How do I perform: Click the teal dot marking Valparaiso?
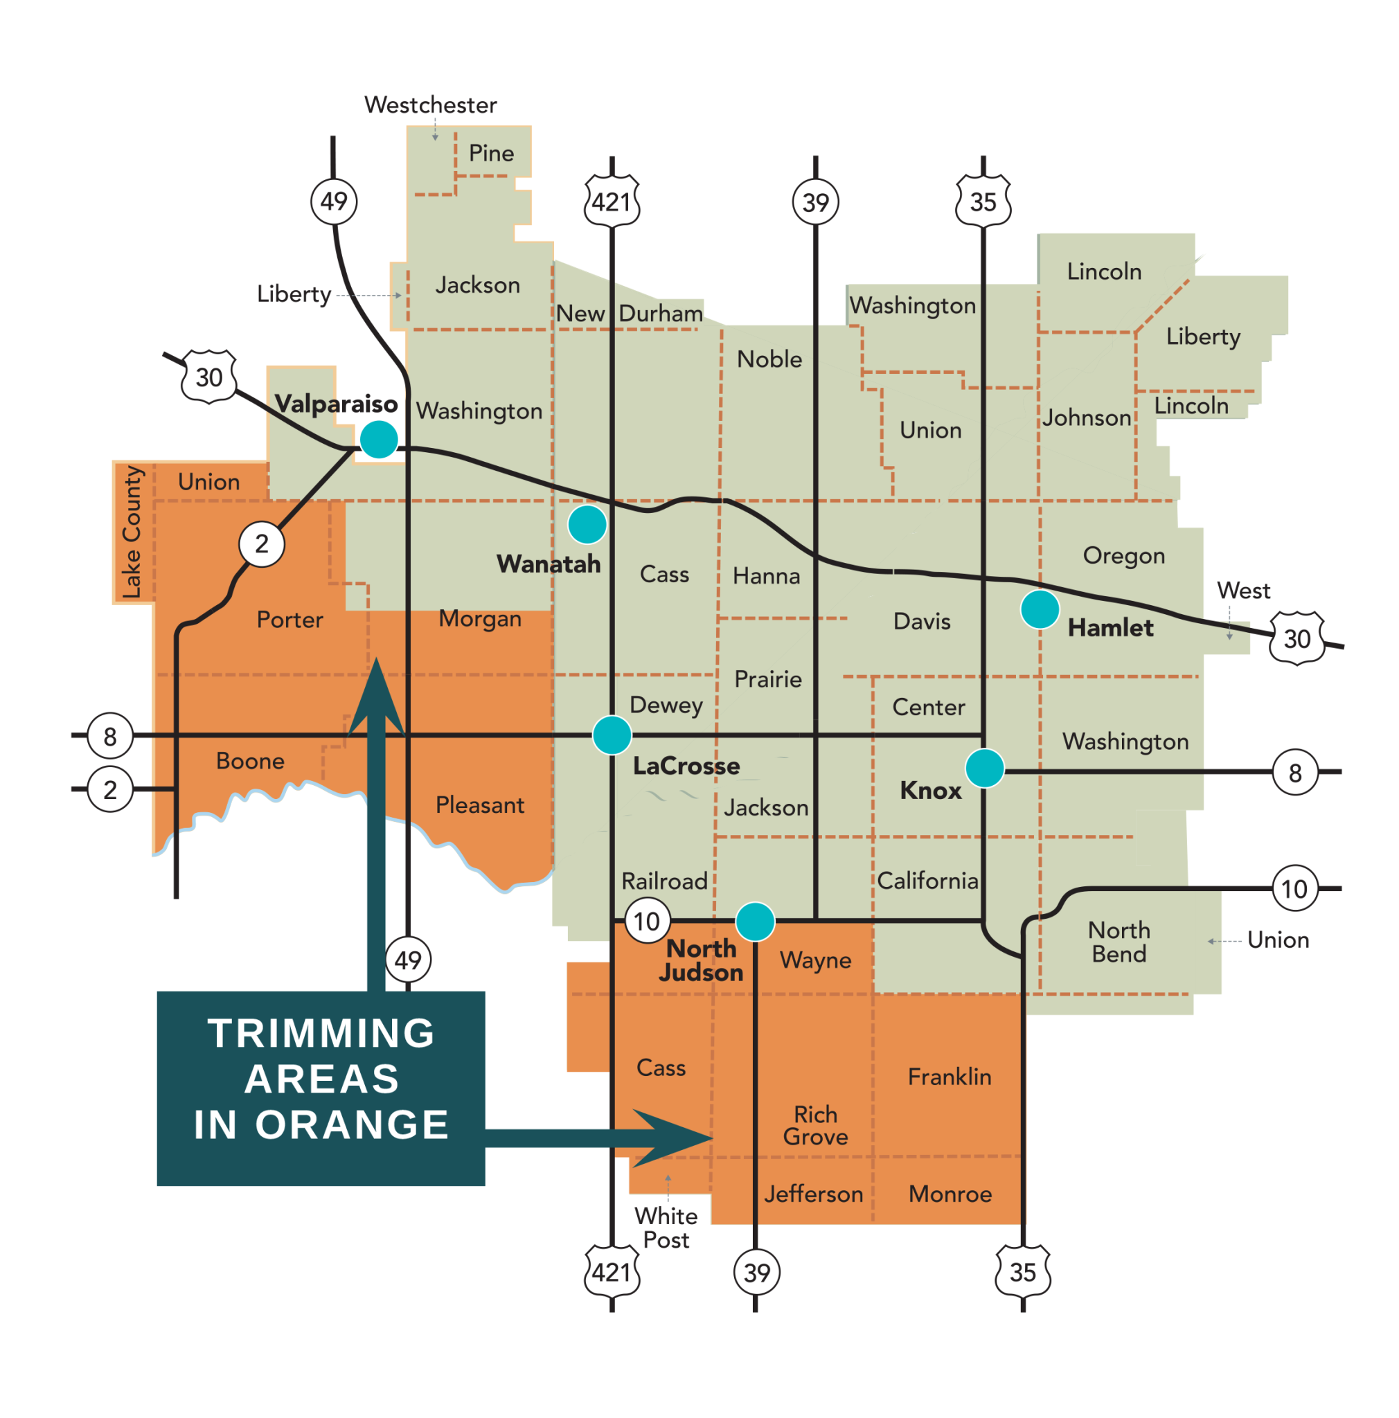(x=379, y=439)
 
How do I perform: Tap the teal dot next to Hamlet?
(x=1040, y=609)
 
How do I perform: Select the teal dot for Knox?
(x=984, y=769)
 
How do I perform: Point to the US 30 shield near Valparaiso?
(x=209, y=377)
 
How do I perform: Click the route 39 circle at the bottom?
(x=756, y=1272)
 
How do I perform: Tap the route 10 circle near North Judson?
(x=647, y=920)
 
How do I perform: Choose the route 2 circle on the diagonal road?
(x=261, y=544)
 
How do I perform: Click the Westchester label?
(x=430, y=105)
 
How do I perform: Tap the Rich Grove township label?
(x=814, y=1125)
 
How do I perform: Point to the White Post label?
(x=666, y=1228)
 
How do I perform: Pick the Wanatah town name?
(x=549, y=564)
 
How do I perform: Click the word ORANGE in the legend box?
(x=352, y=1124)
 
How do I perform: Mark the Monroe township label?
(x=950, y=1194)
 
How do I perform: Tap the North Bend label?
(x=1118, y=942)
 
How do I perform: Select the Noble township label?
(x=769, y=359)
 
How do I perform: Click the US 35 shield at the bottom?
(x=1022, y=1271)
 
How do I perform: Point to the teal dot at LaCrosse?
(x=612, y=735)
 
